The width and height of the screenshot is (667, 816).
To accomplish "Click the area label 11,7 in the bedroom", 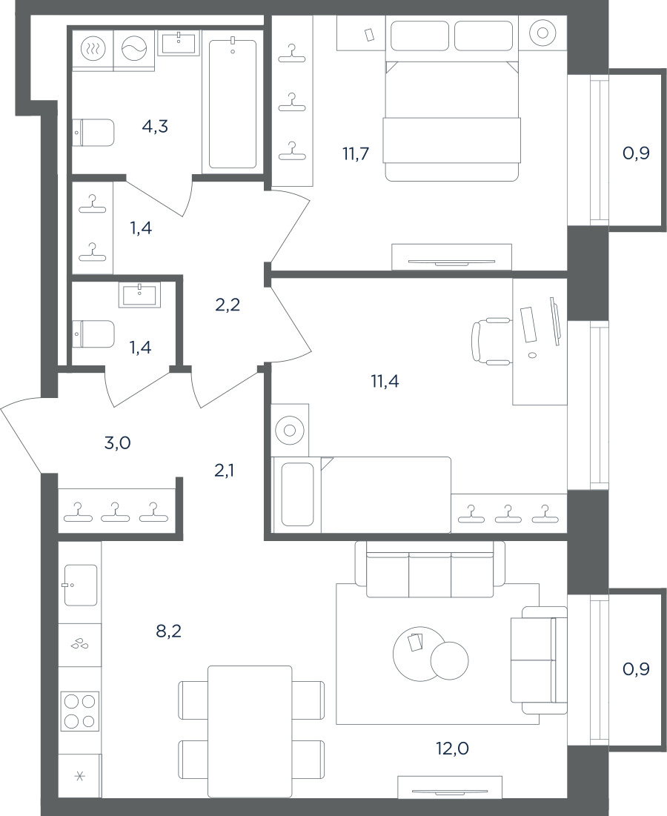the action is [356, 154].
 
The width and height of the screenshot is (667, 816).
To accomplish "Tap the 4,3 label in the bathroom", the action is [155, 126].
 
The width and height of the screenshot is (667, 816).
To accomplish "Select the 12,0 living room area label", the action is [453, 749].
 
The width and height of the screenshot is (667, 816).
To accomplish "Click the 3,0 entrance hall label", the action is [117, 443].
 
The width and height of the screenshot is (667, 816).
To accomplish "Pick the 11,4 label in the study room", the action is [385, 382].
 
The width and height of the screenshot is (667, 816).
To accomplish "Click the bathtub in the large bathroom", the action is [233, 104].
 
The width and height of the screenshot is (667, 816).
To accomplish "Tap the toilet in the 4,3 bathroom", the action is [93, 133].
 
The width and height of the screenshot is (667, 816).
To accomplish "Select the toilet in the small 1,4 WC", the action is [93, 334].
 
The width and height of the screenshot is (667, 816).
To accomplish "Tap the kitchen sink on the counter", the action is [81, 585].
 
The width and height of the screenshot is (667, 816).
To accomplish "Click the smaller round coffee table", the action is [450, 660].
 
